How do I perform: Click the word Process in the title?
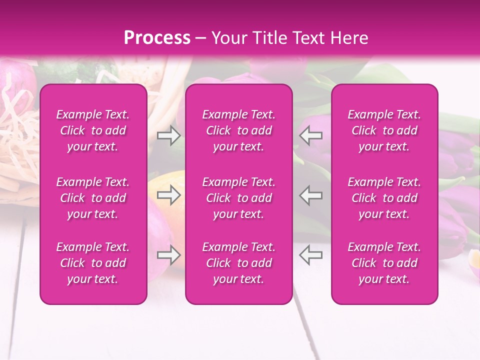pos(157,38)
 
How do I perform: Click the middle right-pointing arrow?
pos(169,195)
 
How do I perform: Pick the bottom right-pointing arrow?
pos(169,255)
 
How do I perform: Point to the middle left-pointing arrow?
pos(311,195)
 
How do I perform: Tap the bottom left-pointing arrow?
pos(311,255)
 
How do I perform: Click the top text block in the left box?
pos(93,130)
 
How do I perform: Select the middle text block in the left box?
pos(93,198)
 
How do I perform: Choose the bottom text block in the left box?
pos(93,263)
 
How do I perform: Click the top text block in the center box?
pos(239,130)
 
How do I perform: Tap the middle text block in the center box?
pos(239,198)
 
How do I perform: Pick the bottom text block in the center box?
pos(239,263)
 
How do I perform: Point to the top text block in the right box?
pos(384,130)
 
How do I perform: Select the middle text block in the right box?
pos(384,198)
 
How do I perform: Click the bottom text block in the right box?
pos(384,263)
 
